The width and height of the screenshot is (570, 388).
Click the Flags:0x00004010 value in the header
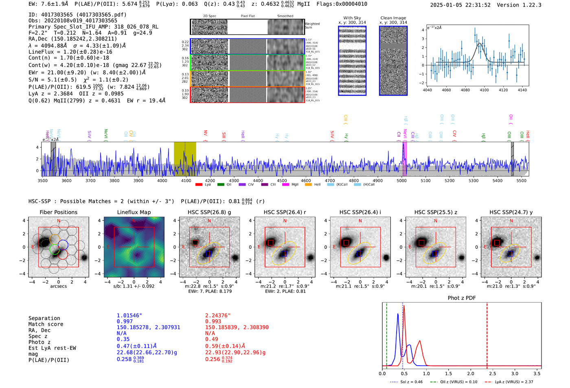[342, 4]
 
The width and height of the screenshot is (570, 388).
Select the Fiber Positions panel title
[58, 212]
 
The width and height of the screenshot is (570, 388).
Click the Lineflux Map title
[134, 212]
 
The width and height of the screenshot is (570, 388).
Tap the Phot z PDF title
[462, 298]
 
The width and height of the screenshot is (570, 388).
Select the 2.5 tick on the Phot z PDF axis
[492, 373]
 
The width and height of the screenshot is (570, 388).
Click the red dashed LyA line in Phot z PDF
[487, 334]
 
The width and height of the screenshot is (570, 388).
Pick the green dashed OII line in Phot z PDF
[386, 334]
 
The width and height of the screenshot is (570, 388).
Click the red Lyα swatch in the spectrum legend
[199, 185]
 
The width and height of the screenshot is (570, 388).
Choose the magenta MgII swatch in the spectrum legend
[285, 185]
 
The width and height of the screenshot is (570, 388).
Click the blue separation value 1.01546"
[129, 316]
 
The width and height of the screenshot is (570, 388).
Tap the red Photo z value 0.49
[211, 339]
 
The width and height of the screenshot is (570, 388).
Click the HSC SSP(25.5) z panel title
[436, 212]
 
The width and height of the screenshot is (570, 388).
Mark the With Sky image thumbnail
[352, 61]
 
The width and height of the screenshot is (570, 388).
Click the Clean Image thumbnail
[393, 61]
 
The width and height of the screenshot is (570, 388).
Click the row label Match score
[46, 324]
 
